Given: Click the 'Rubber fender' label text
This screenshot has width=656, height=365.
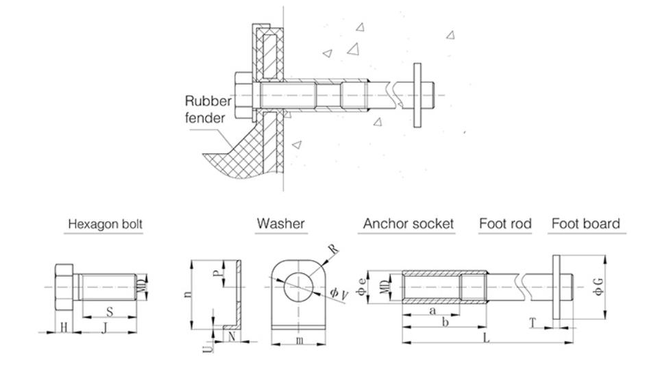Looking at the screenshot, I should (x=209, y=110).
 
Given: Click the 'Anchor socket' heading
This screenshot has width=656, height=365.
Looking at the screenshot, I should (x=409, y=224).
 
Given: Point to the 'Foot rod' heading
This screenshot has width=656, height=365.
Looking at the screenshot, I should (x=505, y=224).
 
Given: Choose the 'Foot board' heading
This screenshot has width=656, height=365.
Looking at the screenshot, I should (x=585, y=224).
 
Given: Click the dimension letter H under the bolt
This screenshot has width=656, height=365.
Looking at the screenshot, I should (x=64, y=327).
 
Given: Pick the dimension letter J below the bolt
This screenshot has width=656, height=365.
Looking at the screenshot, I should (x=104, y=327).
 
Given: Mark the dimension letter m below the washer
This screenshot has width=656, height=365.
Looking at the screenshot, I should (x=300, y=340).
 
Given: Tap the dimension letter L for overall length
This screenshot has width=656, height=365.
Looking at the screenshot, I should (x=486, y=340).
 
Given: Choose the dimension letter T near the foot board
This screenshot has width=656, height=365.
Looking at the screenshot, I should (x=533, y=321).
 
